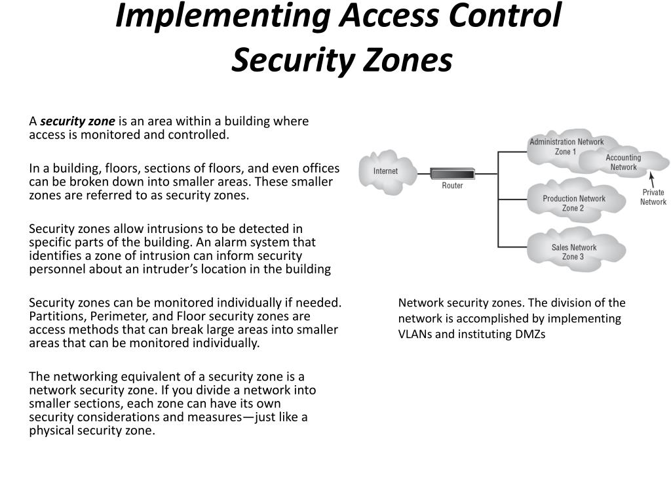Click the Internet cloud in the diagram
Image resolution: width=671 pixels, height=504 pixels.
click(385, 172)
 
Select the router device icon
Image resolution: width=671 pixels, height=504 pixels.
click(452, 174)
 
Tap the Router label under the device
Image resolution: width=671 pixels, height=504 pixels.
click(452, 186)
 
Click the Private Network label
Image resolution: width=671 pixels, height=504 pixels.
click(653, 197)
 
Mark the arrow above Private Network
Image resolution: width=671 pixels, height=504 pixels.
click(651, 180)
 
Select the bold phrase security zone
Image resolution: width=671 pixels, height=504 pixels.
click(77, 121)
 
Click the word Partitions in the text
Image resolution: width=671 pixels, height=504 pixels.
click(56, 316)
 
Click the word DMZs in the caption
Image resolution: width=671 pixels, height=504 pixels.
click(530, 333)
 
